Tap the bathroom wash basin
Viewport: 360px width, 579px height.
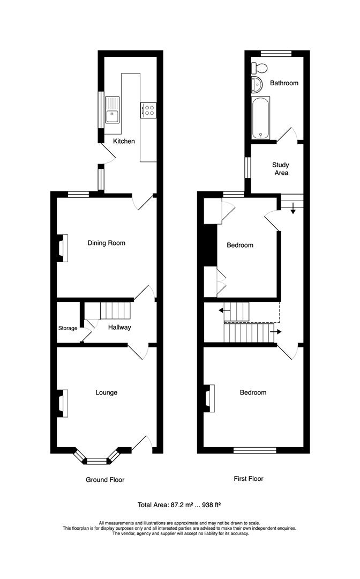point(257,84)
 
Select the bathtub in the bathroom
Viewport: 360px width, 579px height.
point(262,118)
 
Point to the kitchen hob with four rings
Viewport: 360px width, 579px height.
point(148,110)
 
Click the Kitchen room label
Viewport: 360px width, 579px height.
point(124,141)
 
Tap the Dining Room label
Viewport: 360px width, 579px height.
point(106,243)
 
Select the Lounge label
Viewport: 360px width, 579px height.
point(106,392)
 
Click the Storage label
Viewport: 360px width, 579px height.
point(68,328)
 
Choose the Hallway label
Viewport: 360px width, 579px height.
point(119,327)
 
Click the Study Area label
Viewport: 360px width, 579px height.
point(280,169)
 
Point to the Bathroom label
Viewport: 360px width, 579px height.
point(284,83)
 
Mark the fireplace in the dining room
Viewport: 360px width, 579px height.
point(63,249)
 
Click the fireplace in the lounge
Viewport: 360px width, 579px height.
point(63,403)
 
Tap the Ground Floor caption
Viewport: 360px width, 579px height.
point(105,480)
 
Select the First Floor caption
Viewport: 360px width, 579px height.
point(249,479)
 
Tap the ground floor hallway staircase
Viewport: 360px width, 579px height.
point(112,310)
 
